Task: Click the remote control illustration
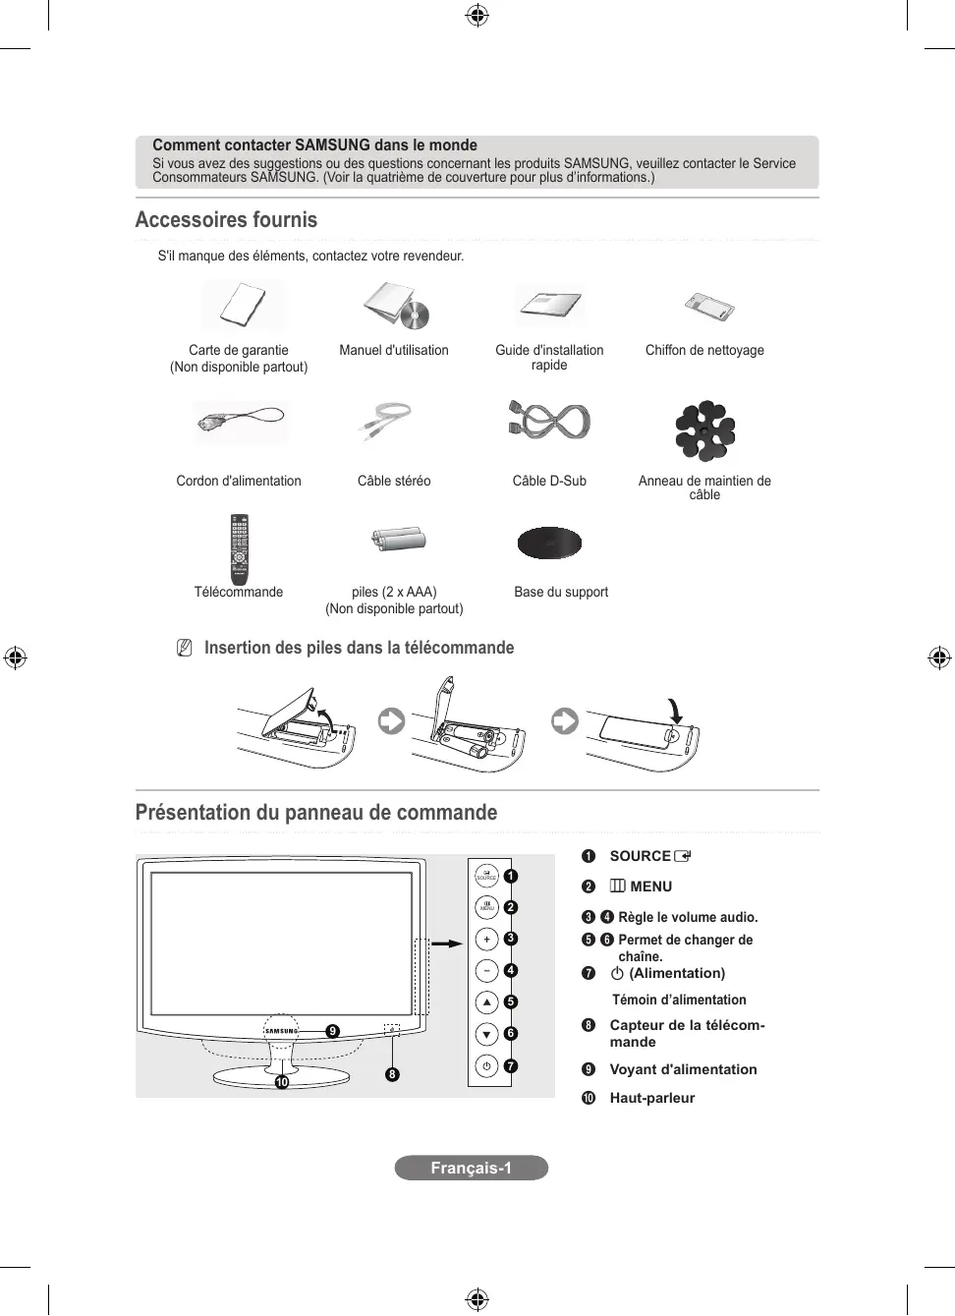239,548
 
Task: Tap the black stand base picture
549,543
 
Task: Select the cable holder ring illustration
704,430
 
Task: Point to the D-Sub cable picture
549,422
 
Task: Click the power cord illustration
240,421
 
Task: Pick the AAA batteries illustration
399,539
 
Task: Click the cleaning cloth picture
709,307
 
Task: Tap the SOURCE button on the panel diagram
486,875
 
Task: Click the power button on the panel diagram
486,1065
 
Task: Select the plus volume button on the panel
486,939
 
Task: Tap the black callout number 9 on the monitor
333,1031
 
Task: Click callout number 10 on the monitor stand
282,1082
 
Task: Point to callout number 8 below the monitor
392,1074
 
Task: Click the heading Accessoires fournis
226,220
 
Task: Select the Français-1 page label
471,1168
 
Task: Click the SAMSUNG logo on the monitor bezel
281,1031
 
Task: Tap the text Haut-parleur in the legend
651,1098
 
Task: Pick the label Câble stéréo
394,481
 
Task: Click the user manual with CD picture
397,306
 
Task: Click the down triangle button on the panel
486,1034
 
